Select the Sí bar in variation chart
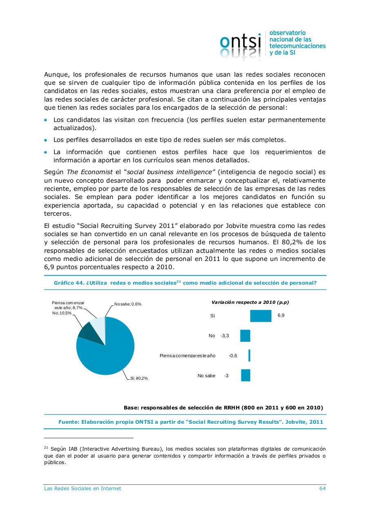pyautogui.click(x=261, y=316)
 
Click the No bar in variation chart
pyautogui.click(x=245, y=336)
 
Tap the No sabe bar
pyautogui.click(x=245, y=375)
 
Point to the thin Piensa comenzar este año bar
pyautogui.click(x=249, y=356)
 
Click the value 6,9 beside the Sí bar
pyautogui.click(x=281, y=316)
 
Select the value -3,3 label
pyautogui.click(x=225, y=336)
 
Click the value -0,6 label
pyautogui.click(x=233, y=356)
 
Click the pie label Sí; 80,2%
pyautogui.click(x=139, y=378)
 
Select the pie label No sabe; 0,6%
pyautogui.click(x=128, y=304)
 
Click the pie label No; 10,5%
pyautogui.click(x=62, y=313)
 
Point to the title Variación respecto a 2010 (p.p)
pyautogui.click(x=250, y=302)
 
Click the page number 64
pyautogui.click(x=322, y=488)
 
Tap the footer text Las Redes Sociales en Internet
pyautogui.click(x=82, y=488)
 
